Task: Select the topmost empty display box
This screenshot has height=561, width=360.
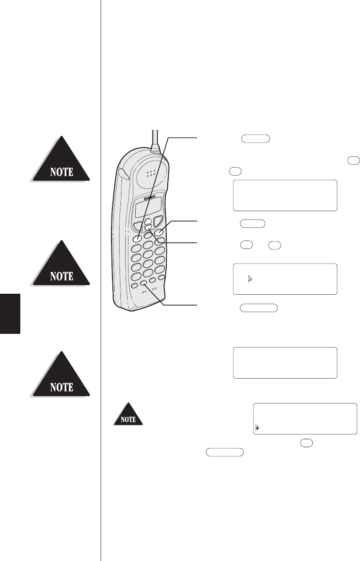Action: coord(285,195)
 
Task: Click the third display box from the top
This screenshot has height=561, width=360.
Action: coord(285,363)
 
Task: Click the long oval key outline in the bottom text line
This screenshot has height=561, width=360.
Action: coord(224,452)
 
